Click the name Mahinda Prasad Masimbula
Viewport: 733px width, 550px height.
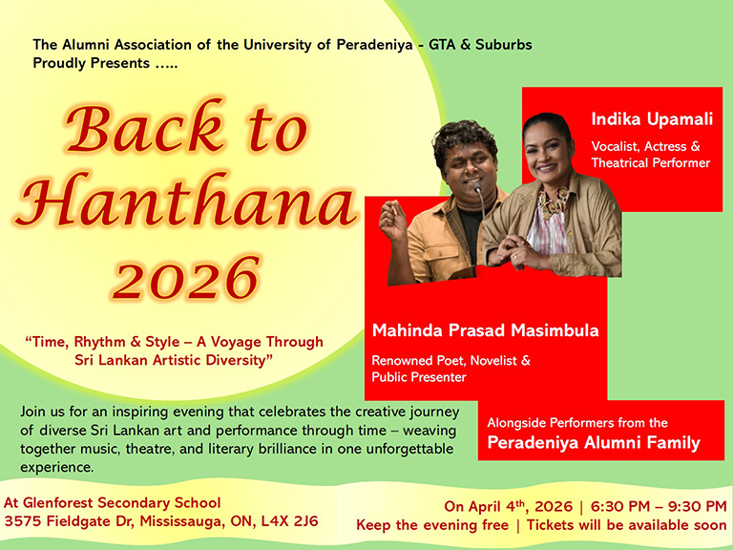(x=486, y=331)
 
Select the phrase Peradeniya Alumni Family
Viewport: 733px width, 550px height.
(x=594, y=443)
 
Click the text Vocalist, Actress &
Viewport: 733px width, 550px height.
(x=645, y=146)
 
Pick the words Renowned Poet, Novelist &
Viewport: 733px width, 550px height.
(x=450, y=361)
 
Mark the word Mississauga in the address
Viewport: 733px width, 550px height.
(x=178, y=521)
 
